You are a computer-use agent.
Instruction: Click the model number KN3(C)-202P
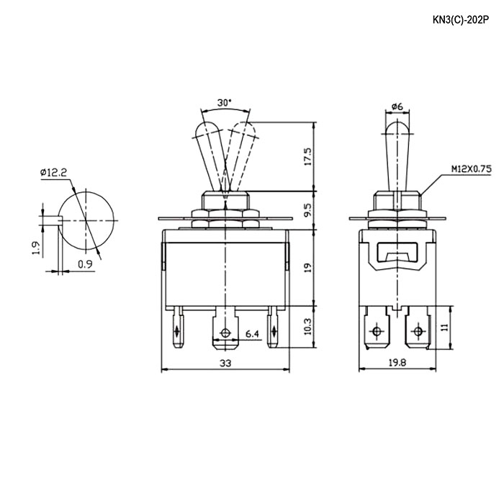(461, 20)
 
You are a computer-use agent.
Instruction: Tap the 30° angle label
(225, 103)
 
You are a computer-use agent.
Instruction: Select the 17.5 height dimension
(307, 156)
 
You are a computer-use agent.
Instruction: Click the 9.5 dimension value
(307, 210)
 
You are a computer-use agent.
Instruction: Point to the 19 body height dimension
(307, 267)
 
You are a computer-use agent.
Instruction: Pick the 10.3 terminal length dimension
(307, 327)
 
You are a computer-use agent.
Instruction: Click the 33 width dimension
(225, 363)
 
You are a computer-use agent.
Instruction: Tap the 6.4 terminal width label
(252, 334)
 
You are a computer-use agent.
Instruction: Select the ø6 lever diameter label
(397, 107)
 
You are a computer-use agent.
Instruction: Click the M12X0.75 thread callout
(471, 169)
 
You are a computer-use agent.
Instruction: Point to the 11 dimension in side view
(444, 328)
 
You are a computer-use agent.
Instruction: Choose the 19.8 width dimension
(397, 363)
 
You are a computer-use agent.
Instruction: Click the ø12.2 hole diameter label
(54, 173)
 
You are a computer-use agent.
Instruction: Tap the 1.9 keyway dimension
(36, 248)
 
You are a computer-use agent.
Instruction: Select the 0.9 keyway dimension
(85, 264)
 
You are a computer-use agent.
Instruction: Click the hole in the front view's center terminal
(225, 333)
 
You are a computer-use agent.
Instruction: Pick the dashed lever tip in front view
(243, 129)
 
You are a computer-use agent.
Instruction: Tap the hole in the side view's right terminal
(418, 330)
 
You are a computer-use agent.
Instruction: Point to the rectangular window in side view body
(398, 251)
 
